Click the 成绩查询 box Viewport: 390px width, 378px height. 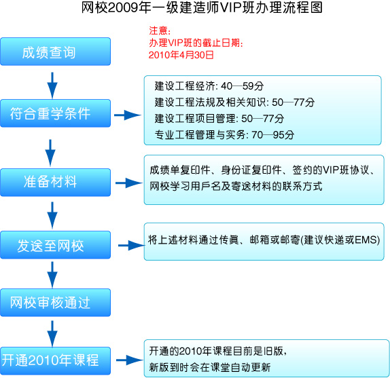point(56,52)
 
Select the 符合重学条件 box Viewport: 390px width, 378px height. point(56,113)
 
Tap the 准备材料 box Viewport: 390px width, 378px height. point(56,183)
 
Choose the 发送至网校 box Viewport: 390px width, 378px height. point(56,245)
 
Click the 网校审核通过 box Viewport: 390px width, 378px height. point(56,303)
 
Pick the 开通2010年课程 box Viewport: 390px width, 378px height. point(56,361)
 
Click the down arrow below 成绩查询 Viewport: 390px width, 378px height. point(52,86)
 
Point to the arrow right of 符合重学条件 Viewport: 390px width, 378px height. point(128,115)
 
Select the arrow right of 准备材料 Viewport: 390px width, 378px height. point(129,183)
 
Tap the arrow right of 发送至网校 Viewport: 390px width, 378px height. point(132,246)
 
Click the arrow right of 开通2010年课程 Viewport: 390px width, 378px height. point(130,360)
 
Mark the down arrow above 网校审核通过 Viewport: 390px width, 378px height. point(52,275)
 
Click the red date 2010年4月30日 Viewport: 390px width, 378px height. point(181,55)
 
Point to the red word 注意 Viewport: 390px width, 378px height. point(158,31)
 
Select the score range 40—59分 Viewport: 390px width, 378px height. point(243,86)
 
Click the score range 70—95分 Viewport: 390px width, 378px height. point(273,135)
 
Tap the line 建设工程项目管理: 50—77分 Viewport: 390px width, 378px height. point(219,119)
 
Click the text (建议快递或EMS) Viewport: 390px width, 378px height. point(340,240)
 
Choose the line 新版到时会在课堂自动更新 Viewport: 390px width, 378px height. point(210,367)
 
